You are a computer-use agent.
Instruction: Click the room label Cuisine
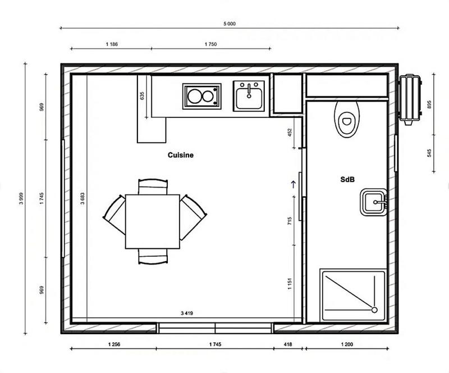coord(180,154)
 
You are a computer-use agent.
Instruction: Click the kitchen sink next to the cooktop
coord(249,95)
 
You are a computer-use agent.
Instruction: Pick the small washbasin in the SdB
coord(374,202)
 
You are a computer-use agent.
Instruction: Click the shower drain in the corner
coord(374,310)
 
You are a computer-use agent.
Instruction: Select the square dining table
coord(152,221)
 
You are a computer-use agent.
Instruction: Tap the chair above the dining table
coord(153,186)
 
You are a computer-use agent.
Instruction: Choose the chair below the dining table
coord(153,257)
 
